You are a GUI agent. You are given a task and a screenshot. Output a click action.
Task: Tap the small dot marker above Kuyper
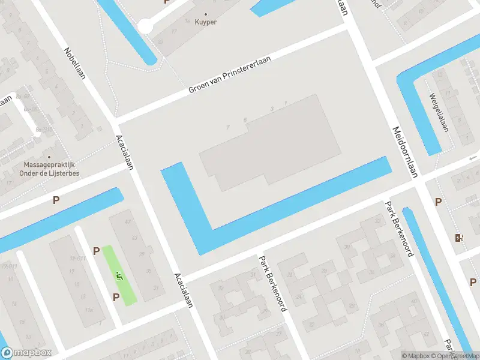point(206,13)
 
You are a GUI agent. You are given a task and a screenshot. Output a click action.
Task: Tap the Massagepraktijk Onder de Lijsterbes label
point(52,169)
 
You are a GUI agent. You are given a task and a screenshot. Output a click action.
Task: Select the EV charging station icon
point(460,238)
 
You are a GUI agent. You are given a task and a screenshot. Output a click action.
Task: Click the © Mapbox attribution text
point(416,356)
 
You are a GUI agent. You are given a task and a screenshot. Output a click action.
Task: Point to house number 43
point(127,221)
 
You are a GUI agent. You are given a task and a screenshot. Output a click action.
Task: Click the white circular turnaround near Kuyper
point(145,26)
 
